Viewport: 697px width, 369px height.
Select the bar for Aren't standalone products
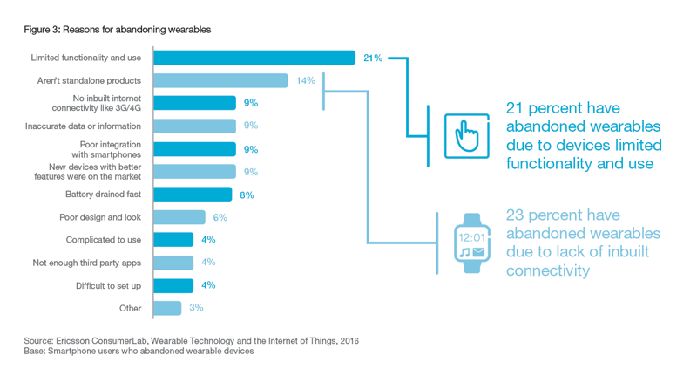point(221,80)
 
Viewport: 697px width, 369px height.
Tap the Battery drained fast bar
point(193,195)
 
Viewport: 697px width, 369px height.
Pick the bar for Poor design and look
point(179,217)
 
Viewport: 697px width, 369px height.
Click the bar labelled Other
point(167,308)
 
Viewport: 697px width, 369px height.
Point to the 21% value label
point(372,58)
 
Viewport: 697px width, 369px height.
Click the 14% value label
point(305,80)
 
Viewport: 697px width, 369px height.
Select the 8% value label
point(247,195)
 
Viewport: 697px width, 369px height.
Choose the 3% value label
point(197,308)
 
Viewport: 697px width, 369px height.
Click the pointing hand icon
point(468,134)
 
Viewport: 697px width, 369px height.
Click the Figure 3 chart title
point(118,30)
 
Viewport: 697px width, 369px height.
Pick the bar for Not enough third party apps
point(173,263)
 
